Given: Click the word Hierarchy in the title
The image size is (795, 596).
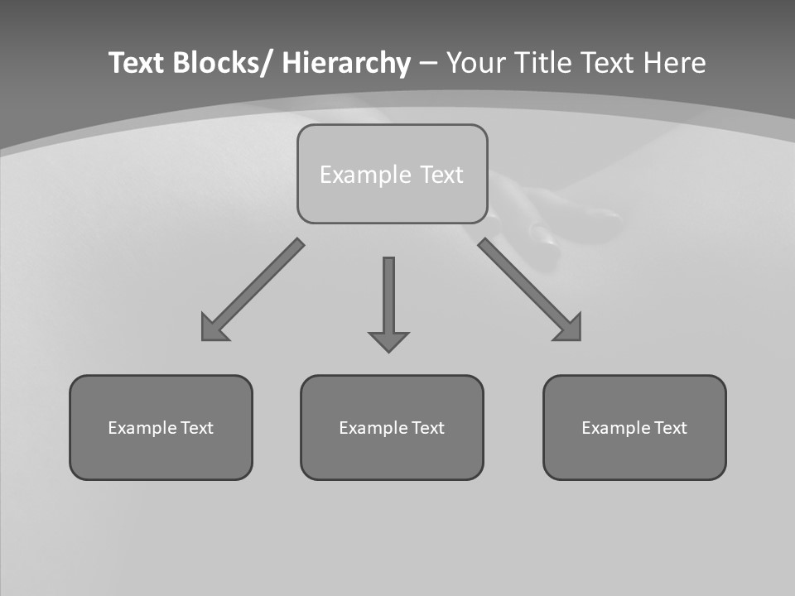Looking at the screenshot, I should pyautogui.click(x=346, y=64).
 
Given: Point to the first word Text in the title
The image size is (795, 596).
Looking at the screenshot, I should pyautogui.click(x=137, y=64).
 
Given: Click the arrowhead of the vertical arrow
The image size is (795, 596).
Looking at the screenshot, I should pyautogui.click(x=388, y=340).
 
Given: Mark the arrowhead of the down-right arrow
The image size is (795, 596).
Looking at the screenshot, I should pyautogui.click(x=570, y=329).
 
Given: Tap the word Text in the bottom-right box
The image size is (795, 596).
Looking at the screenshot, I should pyautogui.click(x=670, y=428).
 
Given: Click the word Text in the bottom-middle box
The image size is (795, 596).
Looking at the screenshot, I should pyautogui.click(x=427, y=428).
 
